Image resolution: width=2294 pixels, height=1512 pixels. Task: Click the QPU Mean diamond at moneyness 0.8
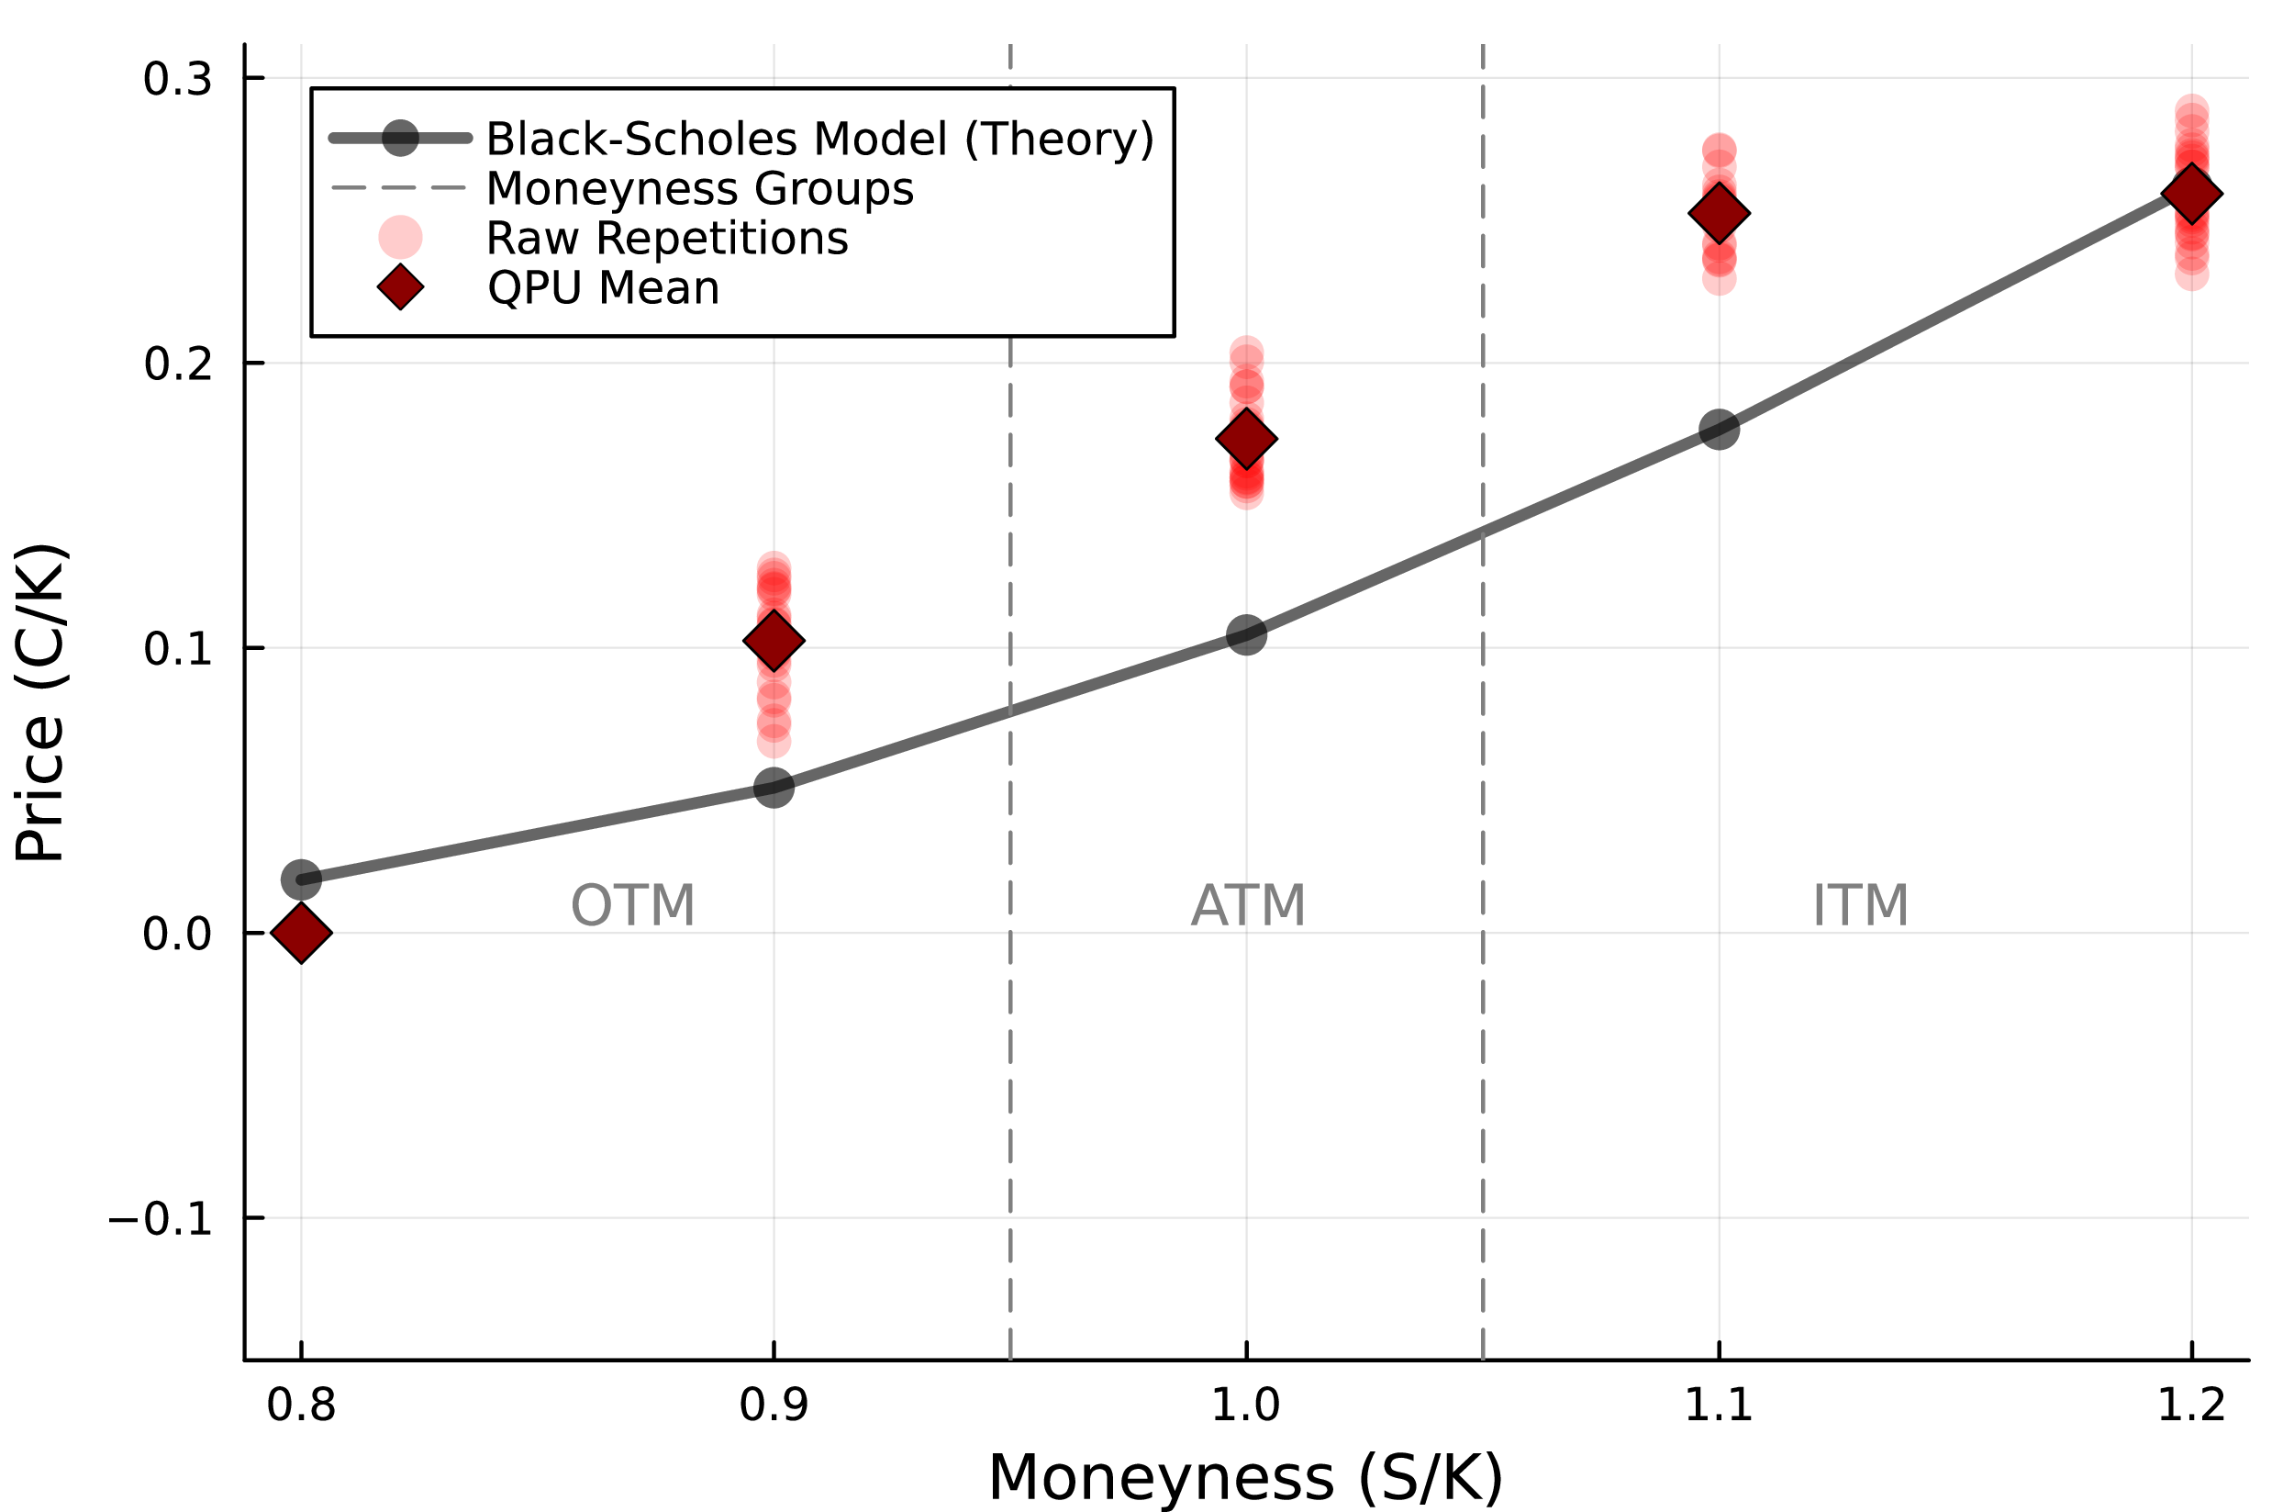pyautogui.click(x=302, y=934)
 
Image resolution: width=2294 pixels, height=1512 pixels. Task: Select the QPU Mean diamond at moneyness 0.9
pyautogui.click(x=774, y=640)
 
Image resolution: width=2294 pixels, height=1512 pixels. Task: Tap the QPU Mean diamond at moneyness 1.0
pyautogui.click(x=1246, y=439)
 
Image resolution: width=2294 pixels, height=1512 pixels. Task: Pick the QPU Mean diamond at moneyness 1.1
pyautogui.click(x=1720, y=213)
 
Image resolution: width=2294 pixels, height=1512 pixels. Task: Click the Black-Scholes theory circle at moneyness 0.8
pyautogui.click(x=302, y=879)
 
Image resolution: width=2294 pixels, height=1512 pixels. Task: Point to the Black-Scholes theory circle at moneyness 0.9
pyautogui.click(x=774, y=787)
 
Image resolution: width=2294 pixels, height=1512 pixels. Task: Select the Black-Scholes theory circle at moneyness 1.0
pyautogui.click(x=1246, y=634)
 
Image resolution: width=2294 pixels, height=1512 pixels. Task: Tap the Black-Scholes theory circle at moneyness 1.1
pyautogui.click(x=1720, y=429)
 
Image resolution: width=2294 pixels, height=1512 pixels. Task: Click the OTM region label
pyautogui.click(x=632, y=905)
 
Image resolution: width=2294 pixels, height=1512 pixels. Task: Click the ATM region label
pyautogui.click(x=1248, y=905)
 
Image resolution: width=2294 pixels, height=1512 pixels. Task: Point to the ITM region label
pyautogui.click(x=1860, y=905)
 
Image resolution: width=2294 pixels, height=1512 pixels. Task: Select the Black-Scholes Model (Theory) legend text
pyautogui.click(x=819, y=139)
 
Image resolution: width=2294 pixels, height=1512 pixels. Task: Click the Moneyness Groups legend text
pyautogui.click(x=700, y=188)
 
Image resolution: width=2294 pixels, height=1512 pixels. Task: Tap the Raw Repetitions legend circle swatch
pyautogui.click(x=400, y=237)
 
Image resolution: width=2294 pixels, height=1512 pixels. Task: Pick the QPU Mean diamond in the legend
pyautogui.click(x=400, y=287)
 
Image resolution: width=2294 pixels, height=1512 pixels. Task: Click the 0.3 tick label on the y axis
pyautogui.click(x=177, y=78)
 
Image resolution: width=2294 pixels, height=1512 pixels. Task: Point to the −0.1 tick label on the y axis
pyautogui.click(x=160, y=1219)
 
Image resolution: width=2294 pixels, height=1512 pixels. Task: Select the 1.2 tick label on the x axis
pyautogui.click(x=2192, y=1404)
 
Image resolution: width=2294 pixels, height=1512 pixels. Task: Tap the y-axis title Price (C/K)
pyautogui.click(x=40, y=702)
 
